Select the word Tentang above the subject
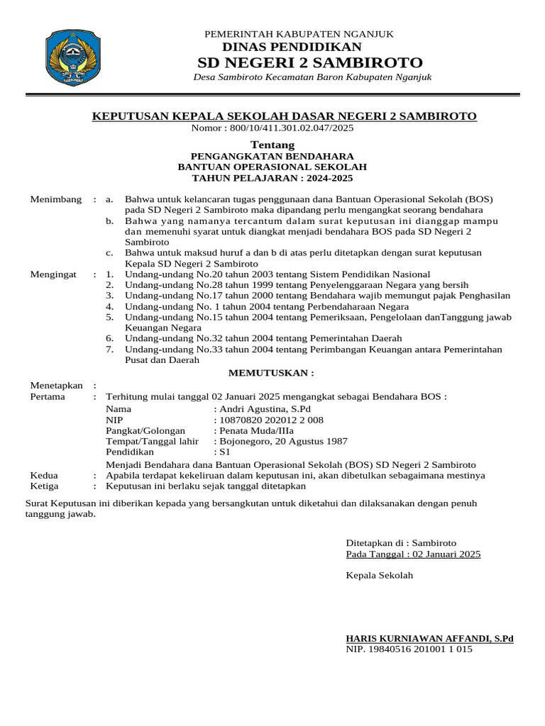point(272,145)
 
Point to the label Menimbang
point(56,199)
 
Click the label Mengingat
point(53,274)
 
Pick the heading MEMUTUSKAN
point(270,373)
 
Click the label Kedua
point(44,475)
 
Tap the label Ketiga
point(44,486)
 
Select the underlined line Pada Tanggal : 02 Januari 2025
point(413,554)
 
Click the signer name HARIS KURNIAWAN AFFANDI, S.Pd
point(429,638)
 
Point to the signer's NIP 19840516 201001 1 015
point(409,649)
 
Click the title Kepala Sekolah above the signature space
point(379,575)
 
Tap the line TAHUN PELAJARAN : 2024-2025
point(272,177)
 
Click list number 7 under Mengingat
point(109,349)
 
